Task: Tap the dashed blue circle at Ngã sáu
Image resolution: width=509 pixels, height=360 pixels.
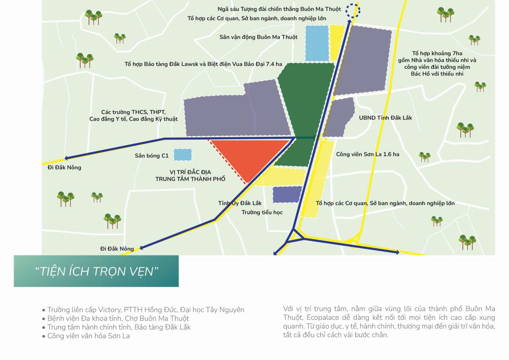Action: point(352,10)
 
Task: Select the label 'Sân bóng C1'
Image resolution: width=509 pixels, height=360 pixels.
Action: point(152,156)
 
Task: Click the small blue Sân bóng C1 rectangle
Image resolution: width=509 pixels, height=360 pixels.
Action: point(183,155)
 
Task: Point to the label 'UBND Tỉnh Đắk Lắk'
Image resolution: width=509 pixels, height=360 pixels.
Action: point(385,118)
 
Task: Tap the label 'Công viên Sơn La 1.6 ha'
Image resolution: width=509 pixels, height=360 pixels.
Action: point(367,154)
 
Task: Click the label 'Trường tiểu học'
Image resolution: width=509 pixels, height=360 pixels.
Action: point(262,212)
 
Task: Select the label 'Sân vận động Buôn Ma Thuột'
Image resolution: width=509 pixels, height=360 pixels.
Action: point(258,37)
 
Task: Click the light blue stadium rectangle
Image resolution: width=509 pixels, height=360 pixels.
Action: point(317,43)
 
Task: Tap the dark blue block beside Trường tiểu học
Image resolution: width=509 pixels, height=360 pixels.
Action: point(287,194)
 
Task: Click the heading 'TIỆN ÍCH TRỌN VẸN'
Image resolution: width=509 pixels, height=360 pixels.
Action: point(97,271)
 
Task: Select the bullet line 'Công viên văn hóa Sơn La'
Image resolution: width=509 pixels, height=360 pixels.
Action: point(88,336)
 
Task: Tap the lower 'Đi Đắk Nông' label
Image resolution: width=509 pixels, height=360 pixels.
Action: point(117,249)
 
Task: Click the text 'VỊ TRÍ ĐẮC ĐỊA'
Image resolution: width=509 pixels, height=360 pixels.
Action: point(190,172)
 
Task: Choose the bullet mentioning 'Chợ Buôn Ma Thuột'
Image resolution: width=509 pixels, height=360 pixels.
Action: point(118,318)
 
